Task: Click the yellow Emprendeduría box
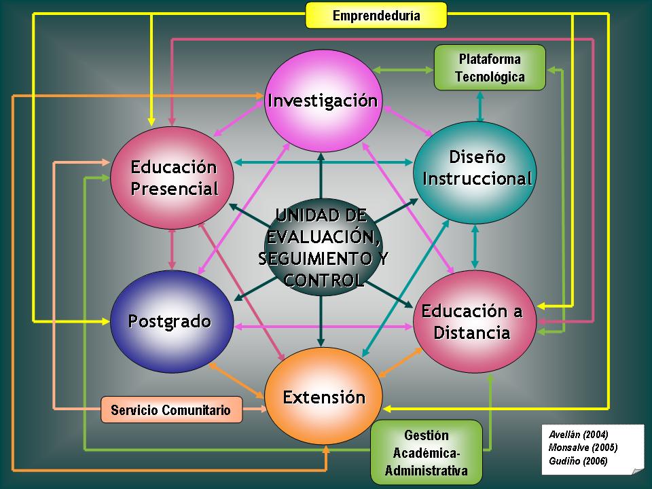pyautogui.click(x=376, y=15)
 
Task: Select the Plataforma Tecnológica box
pyautogui.click(x=490, y=67)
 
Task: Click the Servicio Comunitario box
pyautogui.click(x=172, y=410)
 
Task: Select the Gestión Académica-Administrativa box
pyautogui.click(x=426, y=452)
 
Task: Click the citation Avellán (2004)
pyautogui.click(x=578, y=434)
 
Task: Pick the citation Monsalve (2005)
pyautogui.click(x=582, y=448)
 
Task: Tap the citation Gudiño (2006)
pyautogui.click(x=578, y=461)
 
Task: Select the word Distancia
pyautogui.click(x=472, y=333)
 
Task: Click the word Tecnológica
pyautogui.click(x=490, y=77)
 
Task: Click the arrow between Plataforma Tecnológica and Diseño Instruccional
pyautogui.click(x=481, y=106)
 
